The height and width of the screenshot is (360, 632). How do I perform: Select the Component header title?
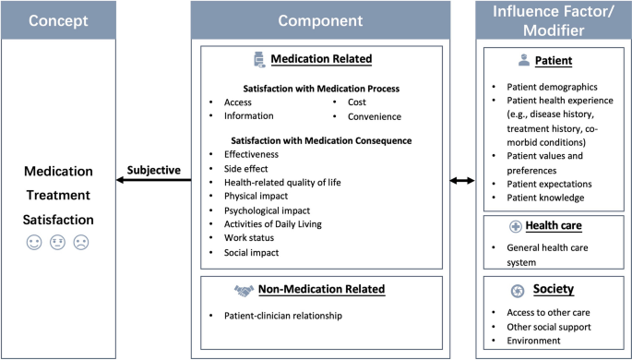click(x=320, y=18)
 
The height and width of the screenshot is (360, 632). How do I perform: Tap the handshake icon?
click(x=244, y=290)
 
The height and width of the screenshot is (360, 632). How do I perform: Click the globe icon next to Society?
click(x=518, y=290)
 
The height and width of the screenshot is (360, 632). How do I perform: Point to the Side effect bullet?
click(x=246, y=169)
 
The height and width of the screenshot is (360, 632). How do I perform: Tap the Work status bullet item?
click(x=249, y=238)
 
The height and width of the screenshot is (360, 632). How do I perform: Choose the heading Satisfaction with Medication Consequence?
click(x=320, y=140)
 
